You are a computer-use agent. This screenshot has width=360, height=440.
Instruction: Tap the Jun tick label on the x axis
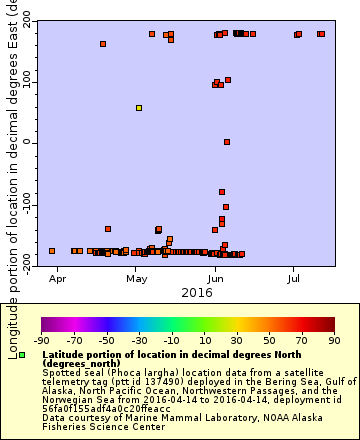pos(215,270)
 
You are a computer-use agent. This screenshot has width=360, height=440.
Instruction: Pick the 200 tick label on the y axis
pos(20,20)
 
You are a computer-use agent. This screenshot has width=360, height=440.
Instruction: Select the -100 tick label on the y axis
pos(18,204)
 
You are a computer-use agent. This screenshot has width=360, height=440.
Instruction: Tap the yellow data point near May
pos(139,107)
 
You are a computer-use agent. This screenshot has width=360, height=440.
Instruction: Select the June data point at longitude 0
pos(227,142)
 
